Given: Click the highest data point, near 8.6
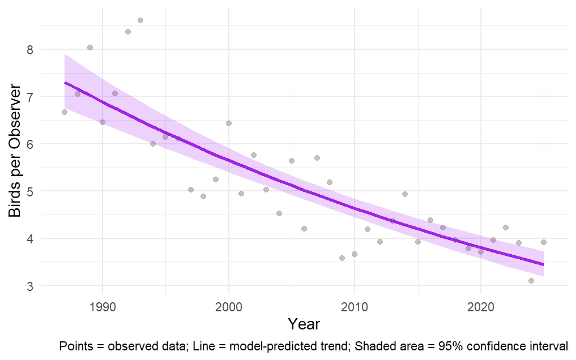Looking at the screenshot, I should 140,20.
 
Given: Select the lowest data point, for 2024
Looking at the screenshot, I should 531,281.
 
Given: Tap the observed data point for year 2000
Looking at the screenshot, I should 229,123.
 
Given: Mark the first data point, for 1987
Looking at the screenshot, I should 65,112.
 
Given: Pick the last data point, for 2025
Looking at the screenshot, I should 543,242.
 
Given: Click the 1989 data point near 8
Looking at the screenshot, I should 89,48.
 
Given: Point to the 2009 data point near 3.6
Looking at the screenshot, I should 342,258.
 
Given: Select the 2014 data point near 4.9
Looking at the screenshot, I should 405,194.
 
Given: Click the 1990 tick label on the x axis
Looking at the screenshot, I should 103,307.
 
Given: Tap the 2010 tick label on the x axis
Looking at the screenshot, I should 355,307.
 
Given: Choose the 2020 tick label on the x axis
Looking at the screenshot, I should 480,307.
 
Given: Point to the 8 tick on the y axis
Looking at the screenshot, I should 29,50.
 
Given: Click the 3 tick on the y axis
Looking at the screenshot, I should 29,286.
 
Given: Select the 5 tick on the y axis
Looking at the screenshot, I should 29,192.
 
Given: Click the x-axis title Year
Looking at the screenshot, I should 304,324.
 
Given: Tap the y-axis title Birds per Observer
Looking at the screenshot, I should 15,151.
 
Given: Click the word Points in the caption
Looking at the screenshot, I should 74,346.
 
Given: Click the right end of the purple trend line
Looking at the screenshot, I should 543,264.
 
